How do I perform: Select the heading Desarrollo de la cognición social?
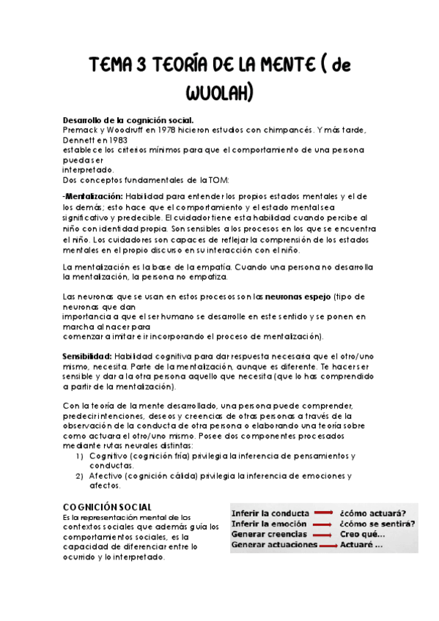128,120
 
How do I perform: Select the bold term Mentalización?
93,197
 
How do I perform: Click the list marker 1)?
80,455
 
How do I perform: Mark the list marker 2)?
80,475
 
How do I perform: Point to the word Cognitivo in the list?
110,455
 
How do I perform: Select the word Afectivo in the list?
107,475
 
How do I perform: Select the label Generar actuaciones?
274,545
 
